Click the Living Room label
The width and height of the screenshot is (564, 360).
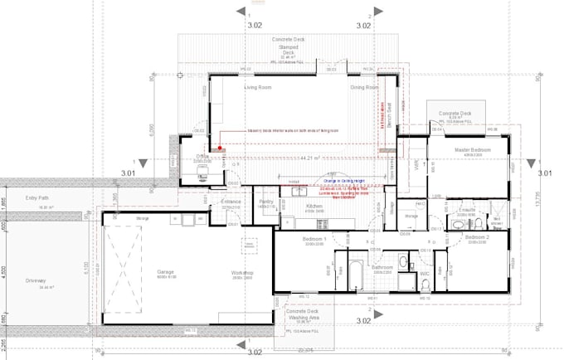coord(257,86)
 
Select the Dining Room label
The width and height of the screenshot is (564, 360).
coord(364,86)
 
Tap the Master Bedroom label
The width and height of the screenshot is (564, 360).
coord(472,150)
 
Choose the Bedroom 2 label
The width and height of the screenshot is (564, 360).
coord(476,237)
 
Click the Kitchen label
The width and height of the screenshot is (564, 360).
coord(315,205)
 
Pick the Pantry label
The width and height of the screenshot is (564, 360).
coord(266,202)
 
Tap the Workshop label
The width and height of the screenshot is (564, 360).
coord(242,273)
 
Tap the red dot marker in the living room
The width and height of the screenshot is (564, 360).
coord(220,149)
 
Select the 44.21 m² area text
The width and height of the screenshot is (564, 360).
coord(310,157)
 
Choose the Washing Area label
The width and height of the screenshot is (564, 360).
coord(304,318)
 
